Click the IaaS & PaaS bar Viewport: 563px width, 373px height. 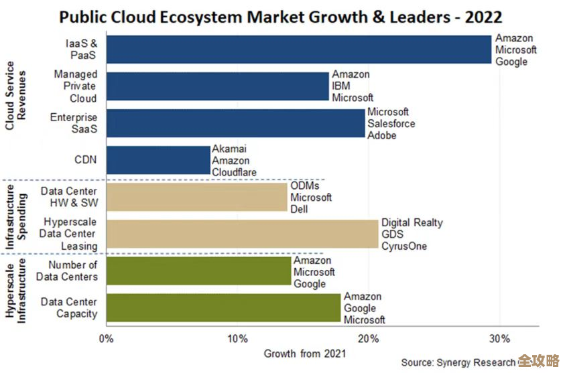pos(299,50)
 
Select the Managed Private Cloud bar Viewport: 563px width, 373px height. pos(217,86)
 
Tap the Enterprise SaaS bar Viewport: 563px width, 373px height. pos(235,123)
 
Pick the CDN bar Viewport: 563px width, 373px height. pos(158,160)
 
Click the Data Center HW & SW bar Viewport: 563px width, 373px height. pos(197,198)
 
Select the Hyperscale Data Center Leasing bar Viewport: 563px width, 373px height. pos(242,234)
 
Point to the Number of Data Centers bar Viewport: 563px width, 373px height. pos(198,271)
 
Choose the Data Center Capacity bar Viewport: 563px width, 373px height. pos(223,307)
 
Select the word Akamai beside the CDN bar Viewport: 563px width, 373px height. pos(229,149)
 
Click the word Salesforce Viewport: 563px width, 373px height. pos(391,124)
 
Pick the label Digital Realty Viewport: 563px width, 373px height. pos(412,222)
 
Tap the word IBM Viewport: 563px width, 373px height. pos(340,86)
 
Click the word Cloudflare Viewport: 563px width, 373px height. pos(235,173)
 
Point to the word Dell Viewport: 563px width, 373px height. pos(299,210)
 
